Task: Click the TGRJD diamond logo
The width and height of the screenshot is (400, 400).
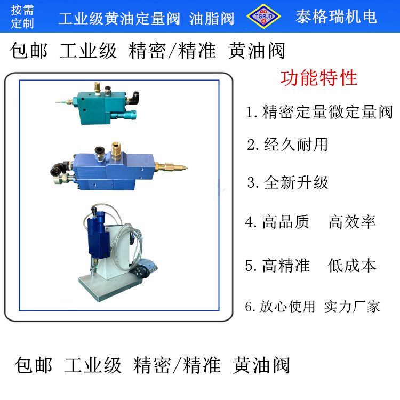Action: [263, 16]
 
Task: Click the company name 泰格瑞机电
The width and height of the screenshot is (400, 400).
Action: [336, 17]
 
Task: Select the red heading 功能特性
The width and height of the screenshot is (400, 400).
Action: [318, 78]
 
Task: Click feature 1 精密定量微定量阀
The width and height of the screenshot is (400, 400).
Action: [319, 112]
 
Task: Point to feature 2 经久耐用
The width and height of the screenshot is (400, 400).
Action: [287, 145]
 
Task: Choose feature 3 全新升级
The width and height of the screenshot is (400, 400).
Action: [287, 182]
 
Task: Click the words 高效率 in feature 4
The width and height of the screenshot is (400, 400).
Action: [352, 222]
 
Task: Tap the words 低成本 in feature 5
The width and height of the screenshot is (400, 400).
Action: [352, 265]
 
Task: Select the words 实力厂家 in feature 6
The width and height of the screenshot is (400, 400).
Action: [352, 306]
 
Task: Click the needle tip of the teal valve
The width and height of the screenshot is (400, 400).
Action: [57, 102]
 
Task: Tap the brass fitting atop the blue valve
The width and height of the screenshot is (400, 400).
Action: [116, 151]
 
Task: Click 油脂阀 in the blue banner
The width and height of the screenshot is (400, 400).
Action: [212, 19]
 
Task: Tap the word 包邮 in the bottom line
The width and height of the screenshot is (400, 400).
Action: [34, 365]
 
